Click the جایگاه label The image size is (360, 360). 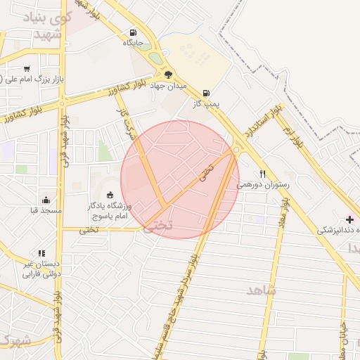134,43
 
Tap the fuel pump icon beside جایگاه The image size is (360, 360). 134,32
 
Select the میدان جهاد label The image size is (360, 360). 168,86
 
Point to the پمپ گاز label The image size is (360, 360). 207,103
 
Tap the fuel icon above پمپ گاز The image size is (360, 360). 206,93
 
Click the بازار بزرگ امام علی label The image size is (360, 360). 32,79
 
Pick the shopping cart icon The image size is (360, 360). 27,69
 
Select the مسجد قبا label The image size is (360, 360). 46,210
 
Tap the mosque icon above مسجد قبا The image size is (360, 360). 46,200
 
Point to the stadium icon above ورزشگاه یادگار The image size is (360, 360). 110,195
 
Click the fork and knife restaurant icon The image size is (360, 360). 263,174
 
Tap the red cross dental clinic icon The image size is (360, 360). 350,219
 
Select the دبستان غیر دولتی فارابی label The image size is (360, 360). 39,269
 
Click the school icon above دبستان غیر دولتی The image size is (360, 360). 42,253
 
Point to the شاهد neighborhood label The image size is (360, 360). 262,290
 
